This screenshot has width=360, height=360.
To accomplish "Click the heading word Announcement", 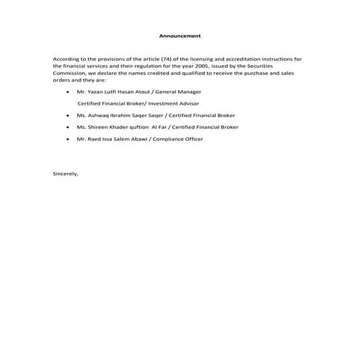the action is pyautogui.click(x=180, y=36).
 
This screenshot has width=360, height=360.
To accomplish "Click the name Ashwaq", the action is pyautogui.click(x=98, y=116).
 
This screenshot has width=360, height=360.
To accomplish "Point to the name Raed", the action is pyautogui.click(x=93, y=139).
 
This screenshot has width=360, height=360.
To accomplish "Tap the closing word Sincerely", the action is pyautogui.click(x=65, y=174).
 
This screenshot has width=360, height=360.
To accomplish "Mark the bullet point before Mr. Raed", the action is pyautogui.click(x=68, y=139).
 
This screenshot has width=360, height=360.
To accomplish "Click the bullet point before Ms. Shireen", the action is pyautogui.click(x=68, y=127).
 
